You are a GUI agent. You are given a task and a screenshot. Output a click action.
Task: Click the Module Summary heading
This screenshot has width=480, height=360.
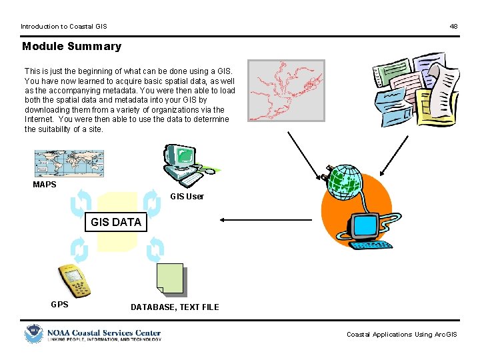[x=72, y=47]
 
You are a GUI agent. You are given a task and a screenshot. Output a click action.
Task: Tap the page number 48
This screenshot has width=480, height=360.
[x=453, y=27]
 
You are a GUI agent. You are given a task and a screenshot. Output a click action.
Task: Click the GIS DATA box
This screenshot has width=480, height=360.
[x=117, y=222]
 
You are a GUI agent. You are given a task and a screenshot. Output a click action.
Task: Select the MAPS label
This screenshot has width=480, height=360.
[x=45, y=185]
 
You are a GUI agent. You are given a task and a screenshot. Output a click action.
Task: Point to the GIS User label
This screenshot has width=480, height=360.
[x=187, y=197]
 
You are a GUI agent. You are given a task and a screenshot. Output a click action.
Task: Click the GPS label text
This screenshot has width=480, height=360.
[x=59, y=305]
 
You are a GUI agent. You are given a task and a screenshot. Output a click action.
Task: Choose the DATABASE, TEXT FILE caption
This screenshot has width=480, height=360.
[x=175, y=307]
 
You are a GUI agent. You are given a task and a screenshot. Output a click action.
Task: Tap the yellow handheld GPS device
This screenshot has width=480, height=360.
[x=73, y=280]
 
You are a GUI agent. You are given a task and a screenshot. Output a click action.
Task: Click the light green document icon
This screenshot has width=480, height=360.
[x=169, y=279]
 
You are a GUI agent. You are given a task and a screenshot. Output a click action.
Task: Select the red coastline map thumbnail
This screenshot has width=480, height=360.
[x=286, y=91]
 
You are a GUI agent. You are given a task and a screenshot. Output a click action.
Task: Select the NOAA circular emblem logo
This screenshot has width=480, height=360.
[x=33, y=333]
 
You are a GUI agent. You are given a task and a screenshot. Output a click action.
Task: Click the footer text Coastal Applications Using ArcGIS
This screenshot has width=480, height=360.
[x=402, y=335]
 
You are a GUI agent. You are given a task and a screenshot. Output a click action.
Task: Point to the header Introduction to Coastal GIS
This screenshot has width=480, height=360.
[x=63, y=27]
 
